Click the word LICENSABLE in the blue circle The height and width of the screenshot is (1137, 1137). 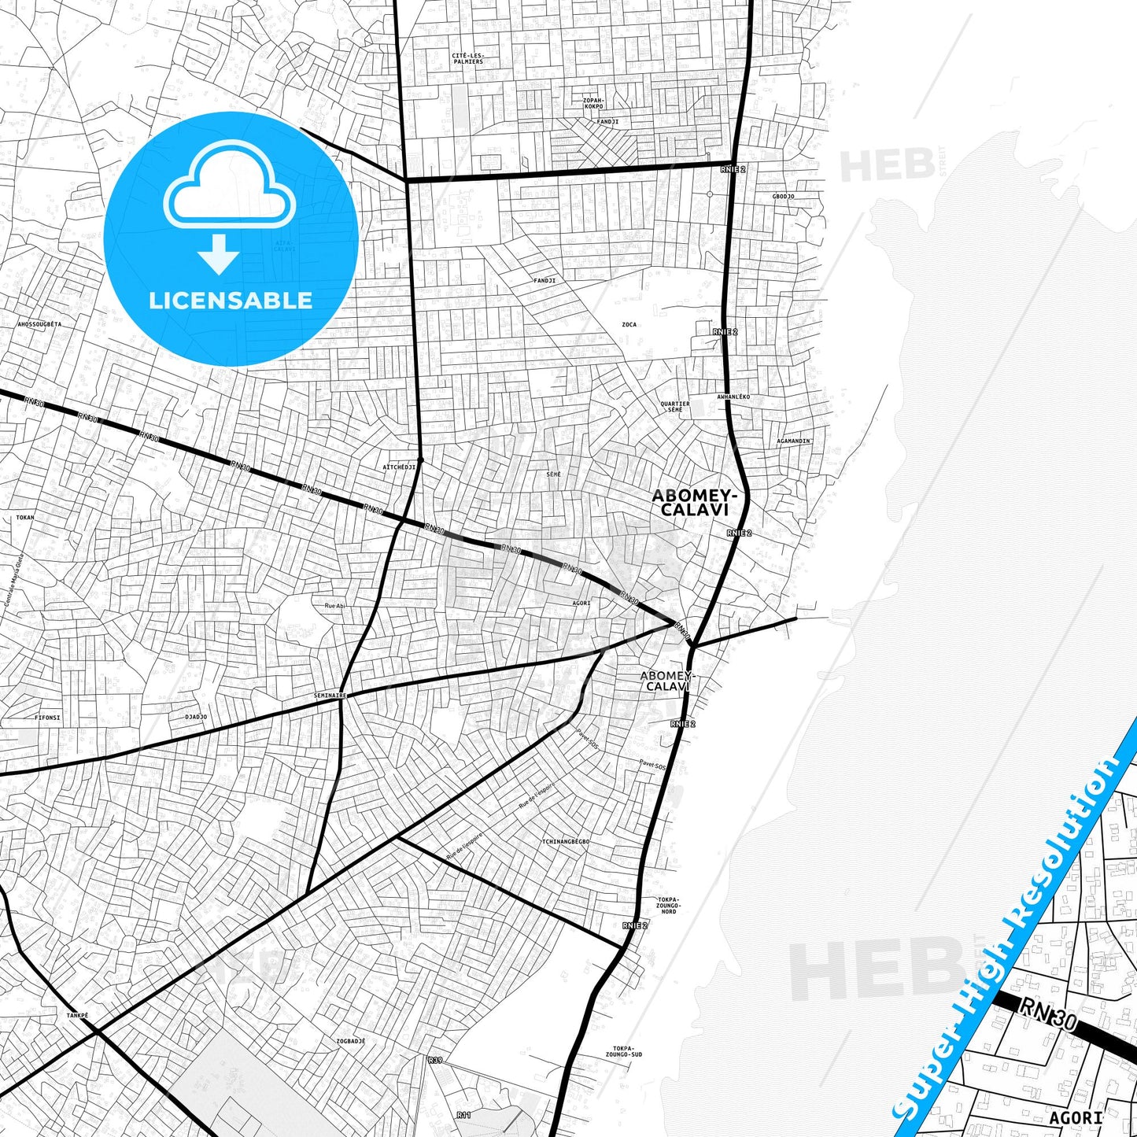pos(231,301)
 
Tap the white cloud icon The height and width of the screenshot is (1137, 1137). pos(230,189)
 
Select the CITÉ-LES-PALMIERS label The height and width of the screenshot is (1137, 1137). pos(468,58)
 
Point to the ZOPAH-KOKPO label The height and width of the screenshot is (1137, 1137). pos(593,103)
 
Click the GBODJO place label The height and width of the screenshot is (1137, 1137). pos(783,197)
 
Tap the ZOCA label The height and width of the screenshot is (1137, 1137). pos(629,324)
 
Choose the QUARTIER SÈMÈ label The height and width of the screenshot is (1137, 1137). pos(675,406)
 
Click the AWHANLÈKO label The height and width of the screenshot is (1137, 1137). pos(733,397)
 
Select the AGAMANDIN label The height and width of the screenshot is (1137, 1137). pos(793,441)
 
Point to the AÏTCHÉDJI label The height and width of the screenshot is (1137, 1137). pos(399,467)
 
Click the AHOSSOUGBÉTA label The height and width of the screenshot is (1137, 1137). pos(39,324)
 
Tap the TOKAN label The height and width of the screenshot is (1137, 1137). pos(25,518)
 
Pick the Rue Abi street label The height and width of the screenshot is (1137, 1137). pos(335,606)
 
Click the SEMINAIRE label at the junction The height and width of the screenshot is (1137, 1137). pos(330,696)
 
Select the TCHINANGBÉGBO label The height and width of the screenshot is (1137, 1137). pos(565,842)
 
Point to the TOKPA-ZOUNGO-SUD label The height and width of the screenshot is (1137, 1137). pos(624,1051)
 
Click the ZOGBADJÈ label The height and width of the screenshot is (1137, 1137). pos(351,1041)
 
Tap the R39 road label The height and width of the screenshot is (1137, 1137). pos(435,1061)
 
